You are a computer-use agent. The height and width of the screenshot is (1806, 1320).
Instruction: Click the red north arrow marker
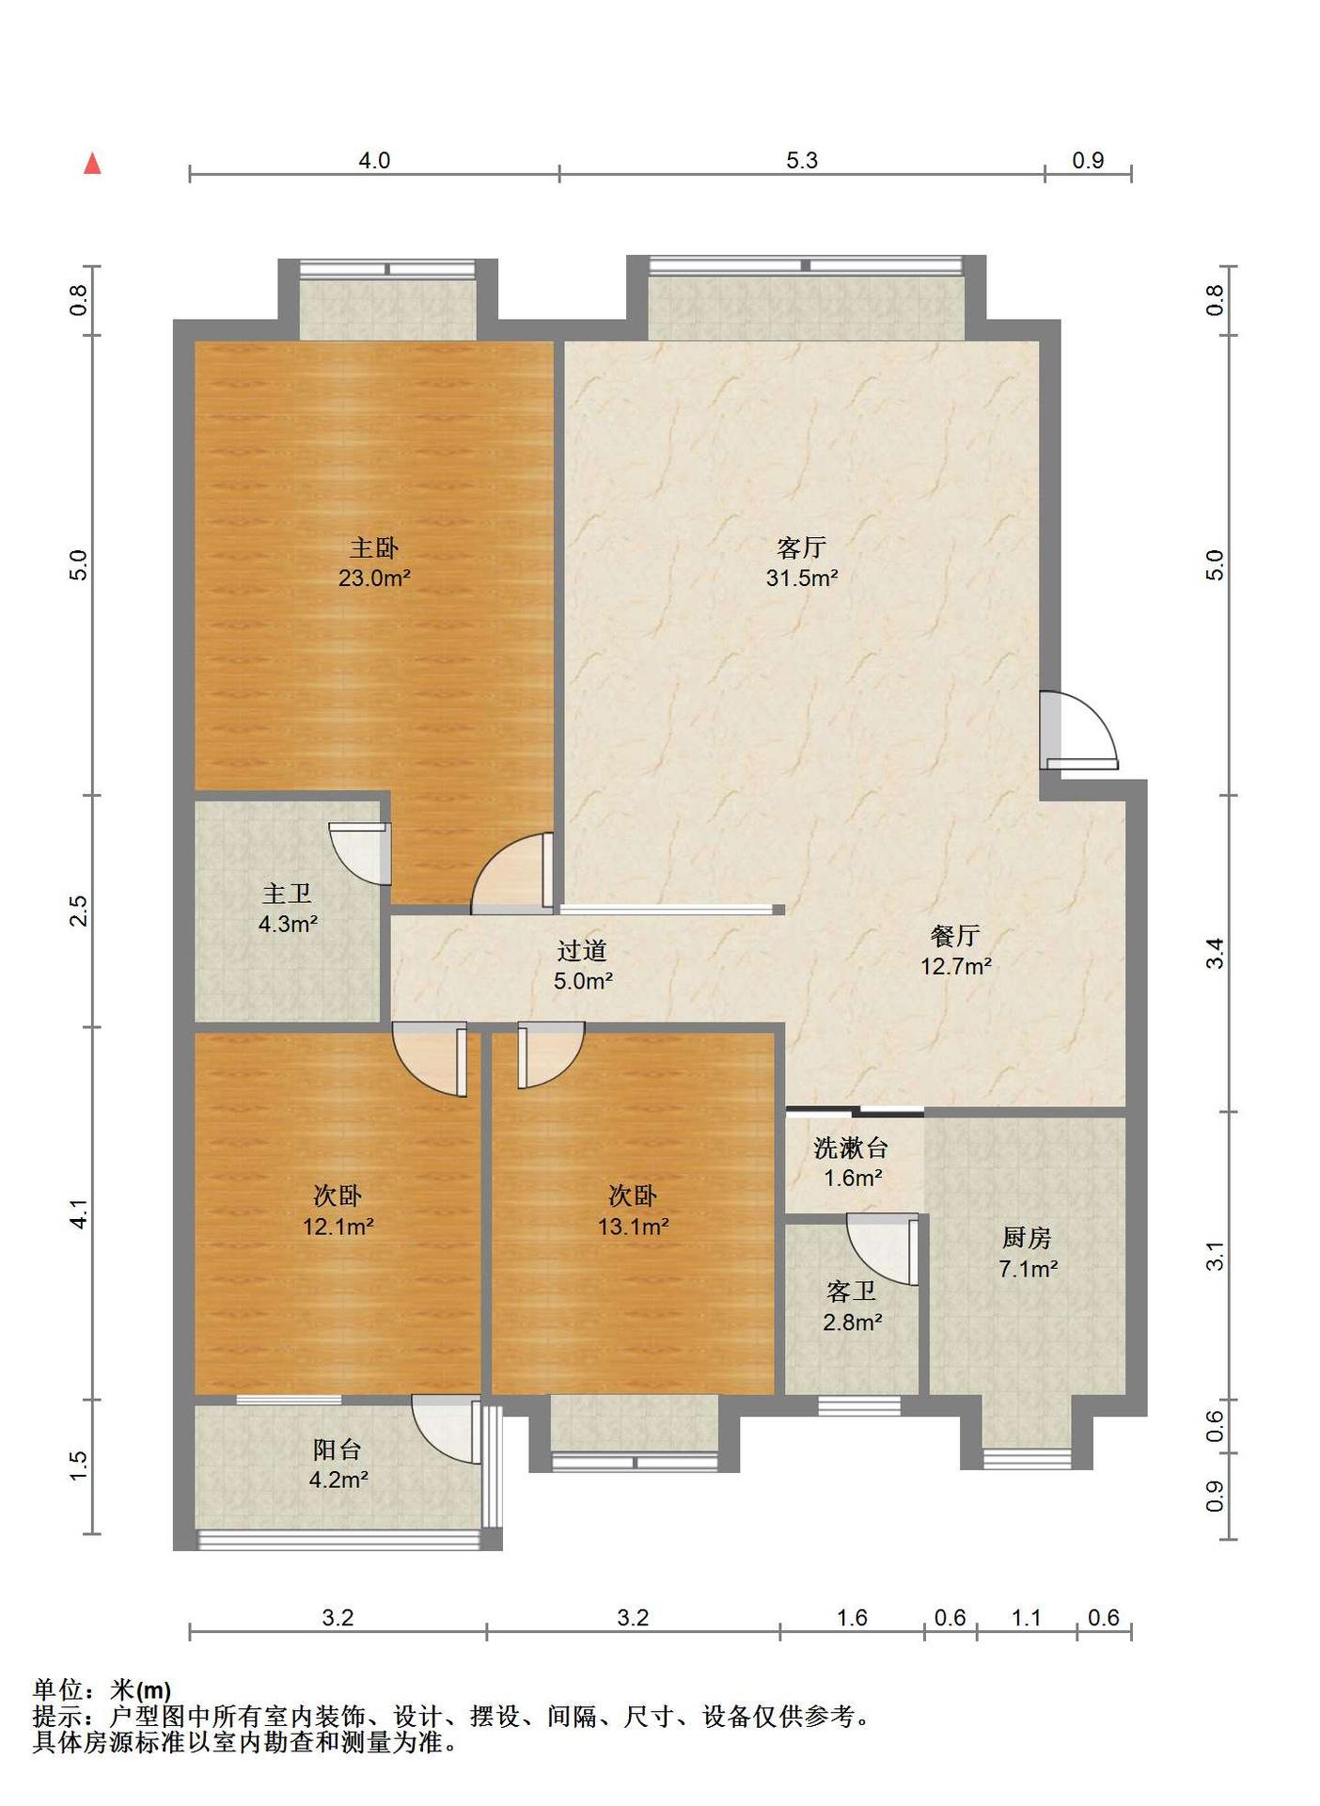92,164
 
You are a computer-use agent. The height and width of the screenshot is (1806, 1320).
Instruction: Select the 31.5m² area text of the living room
801,578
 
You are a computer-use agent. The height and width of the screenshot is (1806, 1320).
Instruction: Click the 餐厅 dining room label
955,935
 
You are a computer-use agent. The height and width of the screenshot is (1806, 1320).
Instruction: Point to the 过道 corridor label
582,951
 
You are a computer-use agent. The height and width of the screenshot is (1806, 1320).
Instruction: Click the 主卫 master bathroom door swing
360,853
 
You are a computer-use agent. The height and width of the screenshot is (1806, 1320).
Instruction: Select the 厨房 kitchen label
1027,1238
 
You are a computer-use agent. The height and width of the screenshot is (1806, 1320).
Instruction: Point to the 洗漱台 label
851,1148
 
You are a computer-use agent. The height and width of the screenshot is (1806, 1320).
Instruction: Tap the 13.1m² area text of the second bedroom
633,1227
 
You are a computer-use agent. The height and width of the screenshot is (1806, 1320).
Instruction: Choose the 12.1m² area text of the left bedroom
338,1227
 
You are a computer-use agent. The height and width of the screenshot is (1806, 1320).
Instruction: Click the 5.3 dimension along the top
802,161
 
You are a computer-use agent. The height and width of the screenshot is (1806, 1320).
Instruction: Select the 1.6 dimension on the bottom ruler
852,1618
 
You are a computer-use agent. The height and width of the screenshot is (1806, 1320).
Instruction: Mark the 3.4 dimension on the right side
1216,954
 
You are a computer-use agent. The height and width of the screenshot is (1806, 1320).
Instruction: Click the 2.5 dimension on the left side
78,911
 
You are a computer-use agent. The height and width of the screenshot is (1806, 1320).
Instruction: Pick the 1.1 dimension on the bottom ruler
1027,1618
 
